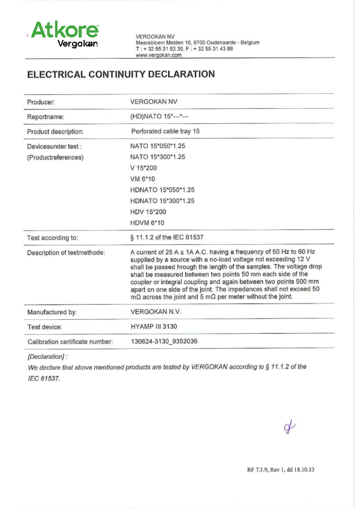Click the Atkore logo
pyautogui.click(x=64, y=34)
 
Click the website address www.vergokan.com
pyautogui.click(x=159, y=55)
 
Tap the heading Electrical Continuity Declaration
pyautogui.click(x=121, y=75)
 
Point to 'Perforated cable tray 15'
pyautogui.click(x=165, y=131)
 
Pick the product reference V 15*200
pyautogui.click(x=143, y=167)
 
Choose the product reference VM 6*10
pyautogui.click(x=143, y=179)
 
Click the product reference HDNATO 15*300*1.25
pyautogui.click(x=162, y=201)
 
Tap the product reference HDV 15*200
pyautogui.click(x=148, y=212)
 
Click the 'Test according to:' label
pyautogui.click(x=53, y=238)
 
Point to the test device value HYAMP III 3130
pyautogui.click(x=154, y=327)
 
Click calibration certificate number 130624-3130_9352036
pyautogui.click(x=165, y=342)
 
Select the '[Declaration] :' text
pyautogui.click(x=48, y=357)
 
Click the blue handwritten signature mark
pyautogui.click(x=289, y=428)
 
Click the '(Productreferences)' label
pyautogui.click(x=55, y=157)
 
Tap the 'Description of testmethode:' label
pyautogui.click(x=66, y=253)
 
